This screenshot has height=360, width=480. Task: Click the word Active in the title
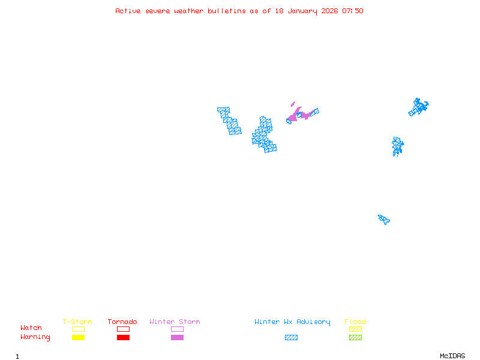[128, 11]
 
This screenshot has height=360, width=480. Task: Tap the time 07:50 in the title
[353, 11]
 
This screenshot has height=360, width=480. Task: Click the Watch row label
[31, 328]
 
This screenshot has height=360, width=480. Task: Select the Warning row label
[35, 337]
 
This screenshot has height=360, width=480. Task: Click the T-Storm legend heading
[77, 322]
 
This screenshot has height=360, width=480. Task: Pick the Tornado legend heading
[122, 322]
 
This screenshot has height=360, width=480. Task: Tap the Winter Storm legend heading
[175, 322]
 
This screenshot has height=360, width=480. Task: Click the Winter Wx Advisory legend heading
[292, 322]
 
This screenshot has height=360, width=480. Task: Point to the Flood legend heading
[355, 322]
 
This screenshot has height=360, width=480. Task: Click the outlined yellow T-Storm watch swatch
[78, 329]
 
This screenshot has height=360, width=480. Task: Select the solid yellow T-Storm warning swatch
[78, 338]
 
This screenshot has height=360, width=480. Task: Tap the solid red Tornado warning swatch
[123, 338]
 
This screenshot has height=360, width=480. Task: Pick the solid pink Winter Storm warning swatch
[177, 338]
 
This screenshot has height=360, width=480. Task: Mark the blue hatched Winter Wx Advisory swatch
[291, 338]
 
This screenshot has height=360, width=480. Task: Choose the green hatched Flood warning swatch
[355, 338]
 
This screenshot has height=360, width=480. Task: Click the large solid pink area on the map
[296, 115]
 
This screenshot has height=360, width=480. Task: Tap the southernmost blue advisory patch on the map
[384, 219]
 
